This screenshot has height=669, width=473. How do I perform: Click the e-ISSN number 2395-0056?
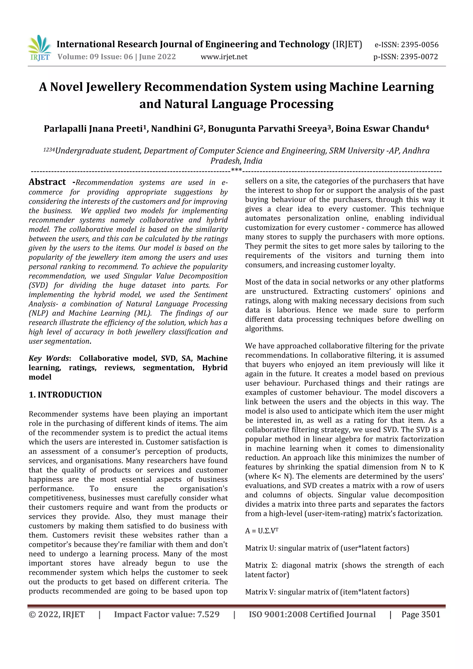(419, 45)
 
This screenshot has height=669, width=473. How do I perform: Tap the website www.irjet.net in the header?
(224, 57)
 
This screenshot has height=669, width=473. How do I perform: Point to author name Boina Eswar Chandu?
(382, 128)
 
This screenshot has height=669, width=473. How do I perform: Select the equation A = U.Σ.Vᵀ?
(261, 531)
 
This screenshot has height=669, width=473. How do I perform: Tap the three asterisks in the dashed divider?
(236, 170)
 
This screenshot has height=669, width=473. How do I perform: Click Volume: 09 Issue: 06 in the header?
(95, 57)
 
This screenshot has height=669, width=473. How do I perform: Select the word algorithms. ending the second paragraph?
(264, 329)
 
